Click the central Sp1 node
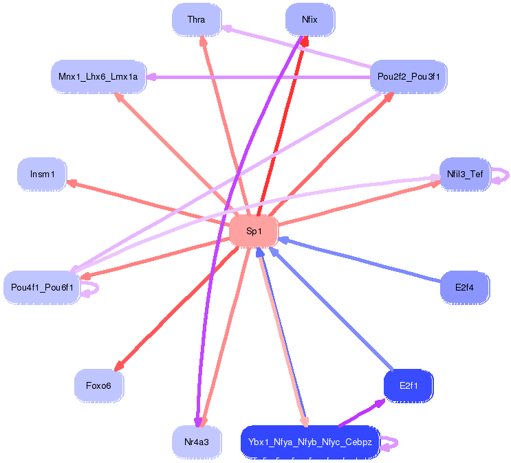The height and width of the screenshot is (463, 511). coord(254,231)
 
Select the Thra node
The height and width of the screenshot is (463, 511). coord(197,19)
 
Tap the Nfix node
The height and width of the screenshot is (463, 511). coord(310,19)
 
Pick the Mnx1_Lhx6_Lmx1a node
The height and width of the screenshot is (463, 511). coord(98,77)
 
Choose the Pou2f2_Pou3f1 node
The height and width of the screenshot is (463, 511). coord(409,77)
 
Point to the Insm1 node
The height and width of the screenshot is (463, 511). coord(42,174)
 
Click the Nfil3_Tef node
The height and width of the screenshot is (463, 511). coord(465,174)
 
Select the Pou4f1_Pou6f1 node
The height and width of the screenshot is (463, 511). coord(42,288)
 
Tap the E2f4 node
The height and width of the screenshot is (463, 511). coord(465,288)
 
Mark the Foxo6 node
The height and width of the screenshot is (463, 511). coord(99,386)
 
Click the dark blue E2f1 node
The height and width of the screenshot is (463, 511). coord(409,386)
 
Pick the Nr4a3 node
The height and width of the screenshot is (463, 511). coord(197,442)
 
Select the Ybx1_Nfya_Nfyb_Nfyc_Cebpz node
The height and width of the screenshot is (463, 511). coord(310,442)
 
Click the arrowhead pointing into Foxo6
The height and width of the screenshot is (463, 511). coord(118,366)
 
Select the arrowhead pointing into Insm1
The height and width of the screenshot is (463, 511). coord(71,183)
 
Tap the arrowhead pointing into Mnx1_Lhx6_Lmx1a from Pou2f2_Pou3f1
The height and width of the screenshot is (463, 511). coord(151,77)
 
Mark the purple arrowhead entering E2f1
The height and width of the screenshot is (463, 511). coord(380,403)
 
